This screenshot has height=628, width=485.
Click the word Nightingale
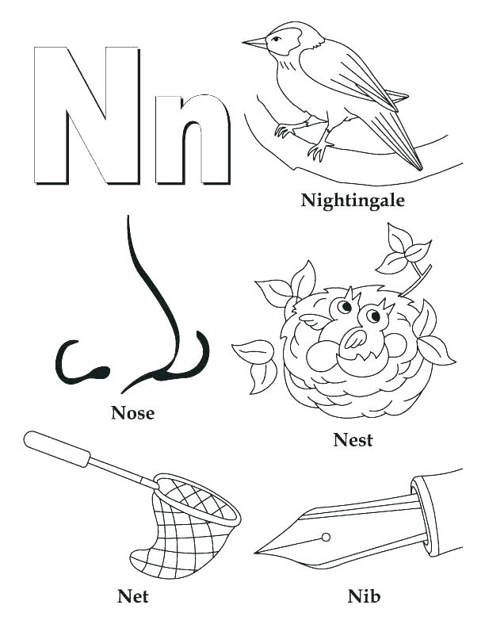[353, 201]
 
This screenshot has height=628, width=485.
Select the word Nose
[132, 412]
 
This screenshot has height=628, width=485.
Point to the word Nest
[353, 439]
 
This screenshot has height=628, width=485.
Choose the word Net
[132, 595]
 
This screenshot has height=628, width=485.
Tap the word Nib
[364, 595]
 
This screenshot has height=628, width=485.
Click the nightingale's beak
[254, 41]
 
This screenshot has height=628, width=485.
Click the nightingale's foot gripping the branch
[321, 149]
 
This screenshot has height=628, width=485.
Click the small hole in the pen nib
[324, 538]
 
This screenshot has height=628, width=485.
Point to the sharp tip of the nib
[258, 552]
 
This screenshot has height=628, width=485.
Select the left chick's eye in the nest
[345, 306]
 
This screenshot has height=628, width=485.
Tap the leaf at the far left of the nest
[254, 352]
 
